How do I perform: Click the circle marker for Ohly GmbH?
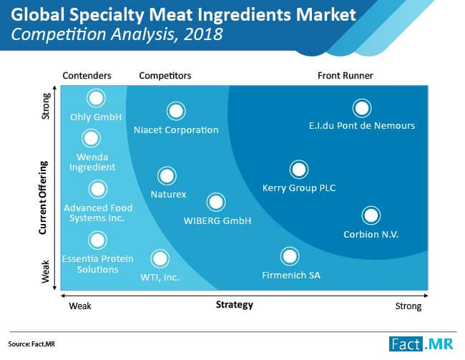(96, 98)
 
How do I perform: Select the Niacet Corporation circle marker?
(176, 111)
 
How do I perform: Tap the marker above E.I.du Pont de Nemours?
(362, 108)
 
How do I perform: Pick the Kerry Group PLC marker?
(298, 170)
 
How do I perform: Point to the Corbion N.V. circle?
(371, 215)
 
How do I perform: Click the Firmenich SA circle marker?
(290, 256)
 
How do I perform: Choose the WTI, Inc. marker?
(160, 258)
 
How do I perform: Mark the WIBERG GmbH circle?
(216, 202)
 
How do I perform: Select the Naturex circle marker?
(167, 175)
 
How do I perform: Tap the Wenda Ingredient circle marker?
(91, 138)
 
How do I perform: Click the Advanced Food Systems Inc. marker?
(97, 189)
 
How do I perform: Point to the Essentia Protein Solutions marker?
(97, 240)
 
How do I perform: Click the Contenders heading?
(87, 76)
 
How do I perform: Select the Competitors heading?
(165, 76)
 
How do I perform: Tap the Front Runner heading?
(346, 76)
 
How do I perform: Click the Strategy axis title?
(234, 305)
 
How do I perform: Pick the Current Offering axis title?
(43, 198)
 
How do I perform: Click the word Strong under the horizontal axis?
(408, 306)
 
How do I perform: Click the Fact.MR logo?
(421, 344)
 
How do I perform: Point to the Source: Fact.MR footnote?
(31, 344)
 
